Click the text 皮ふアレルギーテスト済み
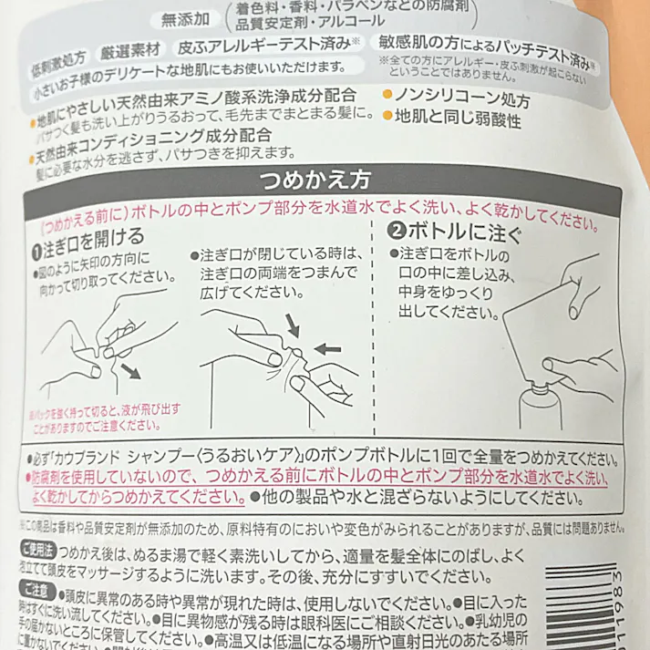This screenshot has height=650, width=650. click(x=251, y=43)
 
